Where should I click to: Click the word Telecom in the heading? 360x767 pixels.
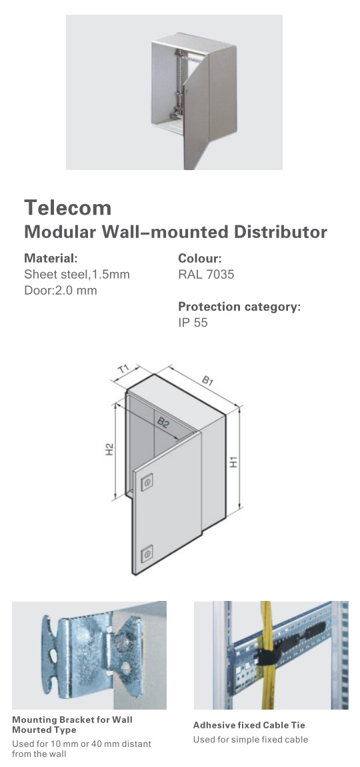[68, 207]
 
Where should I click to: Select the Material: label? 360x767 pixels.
[51, 258]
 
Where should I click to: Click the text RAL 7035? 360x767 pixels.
[206, 274]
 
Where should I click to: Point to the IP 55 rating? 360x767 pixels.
[193, 322]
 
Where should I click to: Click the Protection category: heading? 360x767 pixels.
[239, 307]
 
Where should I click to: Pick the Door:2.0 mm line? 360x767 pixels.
[61, 290]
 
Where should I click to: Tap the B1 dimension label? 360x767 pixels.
[207, 380]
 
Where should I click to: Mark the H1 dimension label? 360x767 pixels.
[234, 462]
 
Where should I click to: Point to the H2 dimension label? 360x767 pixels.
[109, 450]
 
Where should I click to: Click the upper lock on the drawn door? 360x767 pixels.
[147, 482]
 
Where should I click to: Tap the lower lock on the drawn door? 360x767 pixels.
[147, 554]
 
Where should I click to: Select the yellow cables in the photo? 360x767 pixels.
[267, 655]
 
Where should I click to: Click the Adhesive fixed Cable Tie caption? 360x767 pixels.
[249, 725]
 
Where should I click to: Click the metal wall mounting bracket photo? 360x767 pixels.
[89, 655]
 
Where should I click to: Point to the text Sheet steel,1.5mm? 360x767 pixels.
[77, 274]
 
